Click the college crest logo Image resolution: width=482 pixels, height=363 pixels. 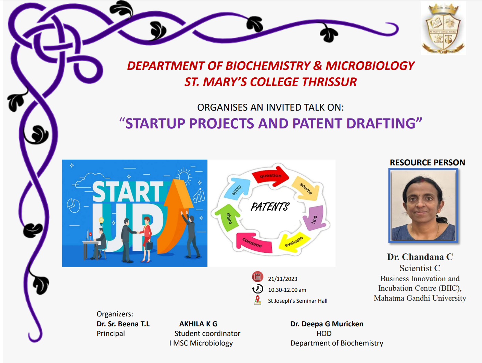[443, 28]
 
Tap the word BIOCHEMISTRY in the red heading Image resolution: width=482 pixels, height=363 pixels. [268, 66]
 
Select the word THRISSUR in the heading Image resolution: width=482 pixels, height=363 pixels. [329, 82]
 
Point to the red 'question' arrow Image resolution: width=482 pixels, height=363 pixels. [270, 176]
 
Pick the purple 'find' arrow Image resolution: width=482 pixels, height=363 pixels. [315, 218]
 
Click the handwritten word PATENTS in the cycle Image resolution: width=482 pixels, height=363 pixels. [270, 206]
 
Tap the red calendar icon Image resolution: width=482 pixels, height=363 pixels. [257, 277]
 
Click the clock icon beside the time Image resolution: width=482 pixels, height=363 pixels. [257, 289]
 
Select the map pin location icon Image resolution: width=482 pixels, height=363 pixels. [257, 300]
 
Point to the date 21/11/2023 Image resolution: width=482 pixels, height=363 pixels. [283, 279]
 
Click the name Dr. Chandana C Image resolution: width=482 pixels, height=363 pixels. [420, 257]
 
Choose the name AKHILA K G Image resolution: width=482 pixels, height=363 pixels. [198, 324]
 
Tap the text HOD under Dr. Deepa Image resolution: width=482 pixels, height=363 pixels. [324, 334]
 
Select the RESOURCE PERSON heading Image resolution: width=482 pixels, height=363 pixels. [427, 163]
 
